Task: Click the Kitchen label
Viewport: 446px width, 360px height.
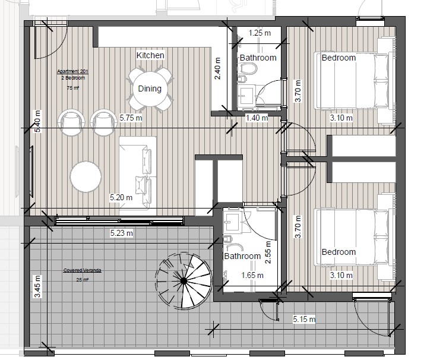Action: click(x=150, y=55)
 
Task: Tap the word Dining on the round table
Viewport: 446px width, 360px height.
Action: click(x=150, y=89)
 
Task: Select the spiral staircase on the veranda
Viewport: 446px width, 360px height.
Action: click(x=183, y=280)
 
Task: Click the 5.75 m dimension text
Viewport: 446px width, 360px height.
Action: click(x=131, y=118)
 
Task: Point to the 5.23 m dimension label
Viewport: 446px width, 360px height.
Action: click(x=122, y=233)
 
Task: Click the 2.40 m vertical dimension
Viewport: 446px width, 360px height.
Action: click(x=217, y=69)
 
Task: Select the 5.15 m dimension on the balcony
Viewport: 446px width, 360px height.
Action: click(x=305, y=320)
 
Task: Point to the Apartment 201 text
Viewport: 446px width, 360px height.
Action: click(x=72, y=72)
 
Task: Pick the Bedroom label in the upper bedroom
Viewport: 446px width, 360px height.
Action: click(x=339, y=58)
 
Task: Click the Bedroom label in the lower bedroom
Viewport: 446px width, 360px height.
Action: click(x=339, y=252)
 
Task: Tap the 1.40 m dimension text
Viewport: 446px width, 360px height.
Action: click(x=257, y=118)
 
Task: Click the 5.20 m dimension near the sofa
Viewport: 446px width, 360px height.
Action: click(x=121, y=197)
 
